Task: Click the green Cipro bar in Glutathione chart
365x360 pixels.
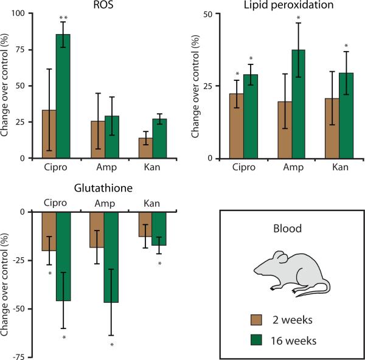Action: (63, 256)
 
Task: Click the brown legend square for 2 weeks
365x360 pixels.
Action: (256, 320)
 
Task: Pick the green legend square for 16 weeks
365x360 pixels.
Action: (256, 339)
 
